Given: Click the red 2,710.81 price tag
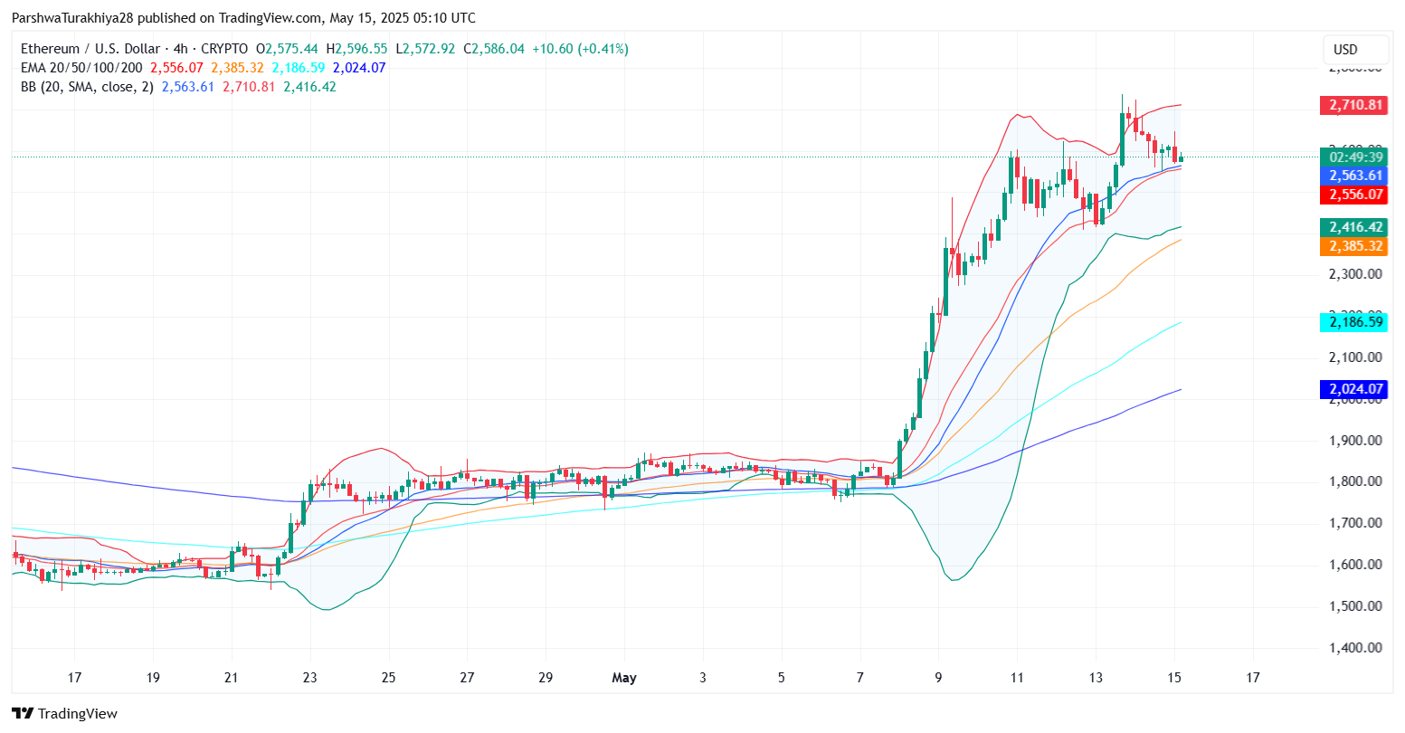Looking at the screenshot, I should (1352, 105).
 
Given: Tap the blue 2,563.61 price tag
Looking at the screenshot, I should (1352, 176).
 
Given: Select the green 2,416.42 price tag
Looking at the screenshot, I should (1352, 227).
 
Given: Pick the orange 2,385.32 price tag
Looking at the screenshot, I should (1352, 246).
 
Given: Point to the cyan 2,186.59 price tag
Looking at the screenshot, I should (1352, 321).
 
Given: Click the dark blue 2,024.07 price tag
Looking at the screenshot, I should (1352, 389).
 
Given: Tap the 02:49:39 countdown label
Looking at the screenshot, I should (1352, 157).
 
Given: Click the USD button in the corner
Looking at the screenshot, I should (1345, 50).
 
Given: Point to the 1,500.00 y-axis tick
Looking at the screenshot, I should (1355, 606).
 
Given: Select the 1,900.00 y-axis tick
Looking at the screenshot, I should (1355, 441).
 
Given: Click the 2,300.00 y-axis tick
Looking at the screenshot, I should (1355, 273).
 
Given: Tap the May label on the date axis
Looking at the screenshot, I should (624, 678).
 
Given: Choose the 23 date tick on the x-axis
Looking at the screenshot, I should (309, 678).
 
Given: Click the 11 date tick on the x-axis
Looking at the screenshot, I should (1017, 678).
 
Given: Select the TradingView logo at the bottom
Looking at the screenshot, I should (64, 714).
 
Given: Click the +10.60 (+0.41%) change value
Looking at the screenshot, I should (580, 49).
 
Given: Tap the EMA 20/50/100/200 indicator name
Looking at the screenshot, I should (81, 68).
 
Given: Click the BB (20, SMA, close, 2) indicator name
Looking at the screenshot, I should (86, 87).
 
